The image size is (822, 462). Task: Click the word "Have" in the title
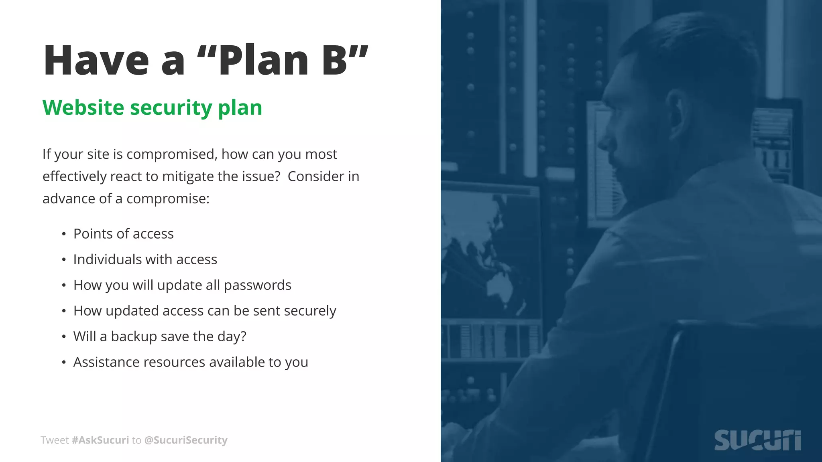(96, 61)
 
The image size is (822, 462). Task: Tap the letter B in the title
(334, 61)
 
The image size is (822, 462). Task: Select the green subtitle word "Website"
(83, 107)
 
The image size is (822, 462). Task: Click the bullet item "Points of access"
(123, 234)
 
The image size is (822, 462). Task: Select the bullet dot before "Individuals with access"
(64, 260)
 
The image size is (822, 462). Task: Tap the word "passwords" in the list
(257, 285)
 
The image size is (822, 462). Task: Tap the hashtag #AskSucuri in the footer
(100, 440)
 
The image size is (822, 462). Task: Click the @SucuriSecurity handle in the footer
(185, 440)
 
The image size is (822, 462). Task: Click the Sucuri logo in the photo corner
(757, 440)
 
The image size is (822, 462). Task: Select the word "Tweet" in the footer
(55, 440)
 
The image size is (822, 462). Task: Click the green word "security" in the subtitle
(171, 107)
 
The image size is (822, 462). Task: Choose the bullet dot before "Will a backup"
(64, 337)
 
